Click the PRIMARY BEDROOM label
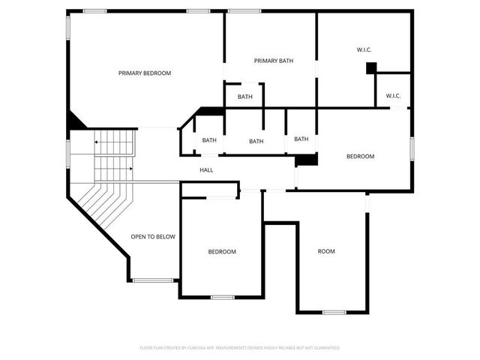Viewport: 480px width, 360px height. (x=145, y=73)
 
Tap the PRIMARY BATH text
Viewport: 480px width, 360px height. (x=273, y=61)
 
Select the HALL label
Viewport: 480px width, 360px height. (x=206, y=170)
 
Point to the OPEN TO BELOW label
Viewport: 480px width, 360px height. (x=153, y=237)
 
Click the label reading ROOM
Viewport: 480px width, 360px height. (x=326, y=251)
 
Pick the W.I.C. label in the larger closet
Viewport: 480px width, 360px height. (x=364, y=50)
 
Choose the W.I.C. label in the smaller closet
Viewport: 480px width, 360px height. (x=393, y=95)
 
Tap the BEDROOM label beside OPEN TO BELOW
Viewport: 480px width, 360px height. (x=222, y=252)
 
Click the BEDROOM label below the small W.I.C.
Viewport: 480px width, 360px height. (x=360, y=156)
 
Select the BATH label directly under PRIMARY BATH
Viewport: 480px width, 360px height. (x=245, y=97)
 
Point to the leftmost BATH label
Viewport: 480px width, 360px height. (x=208, y=140)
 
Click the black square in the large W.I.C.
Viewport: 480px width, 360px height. (x=370, y=67)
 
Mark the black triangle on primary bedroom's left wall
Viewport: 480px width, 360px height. (x=75, y=120)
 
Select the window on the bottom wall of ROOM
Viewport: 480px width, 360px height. (x=334, y=311)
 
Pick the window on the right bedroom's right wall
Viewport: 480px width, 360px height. (x=412, y=148)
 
